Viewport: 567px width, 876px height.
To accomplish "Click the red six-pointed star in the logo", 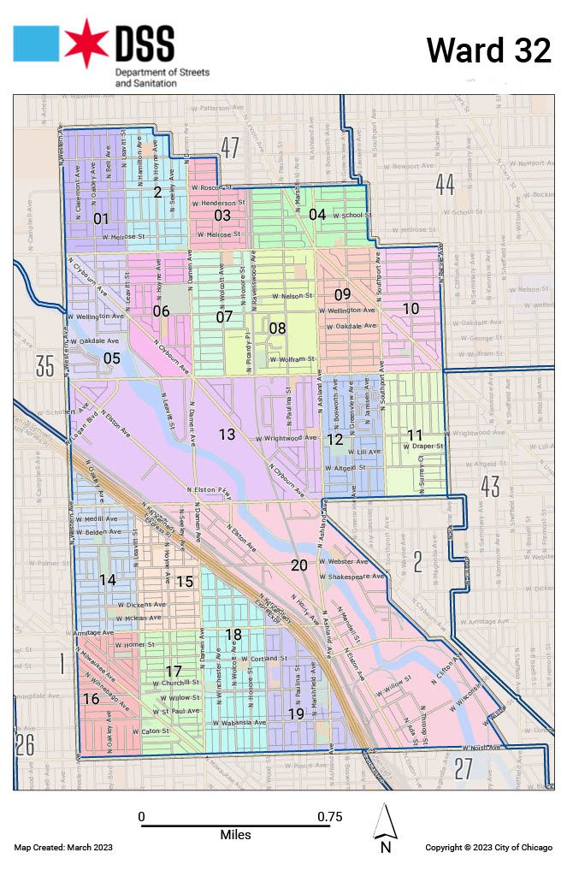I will point(86,44).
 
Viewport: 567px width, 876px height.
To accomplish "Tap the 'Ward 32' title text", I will point(488,50).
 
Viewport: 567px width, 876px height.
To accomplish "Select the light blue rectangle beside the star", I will point(36,44).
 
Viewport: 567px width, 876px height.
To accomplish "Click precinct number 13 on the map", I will point(226,435).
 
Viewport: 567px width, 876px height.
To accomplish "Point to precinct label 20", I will point(298,565).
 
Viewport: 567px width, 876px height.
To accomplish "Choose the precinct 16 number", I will point(92,699).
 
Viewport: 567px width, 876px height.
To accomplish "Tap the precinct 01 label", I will point(101,217).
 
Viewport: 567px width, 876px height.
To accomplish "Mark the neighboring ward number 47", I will point(228,146).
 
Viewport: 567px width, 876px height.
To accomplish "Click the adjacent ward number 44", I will point(444,183).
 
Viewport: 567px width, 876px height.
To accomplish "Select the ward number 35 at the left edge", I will point(44,367).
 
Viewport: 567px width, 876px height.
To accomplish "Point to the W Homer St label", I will point(134,644).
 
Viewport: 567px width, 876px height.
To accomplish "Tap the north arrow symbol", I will point(385,826).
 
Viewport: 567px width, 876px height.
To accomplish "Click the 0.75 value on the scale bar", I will point(329,816).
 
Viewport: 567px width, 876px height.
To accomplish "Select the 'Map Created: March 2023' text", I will point(63,847).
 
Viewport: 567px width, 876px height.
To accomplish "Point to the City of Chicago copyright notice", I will point(488,847).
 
